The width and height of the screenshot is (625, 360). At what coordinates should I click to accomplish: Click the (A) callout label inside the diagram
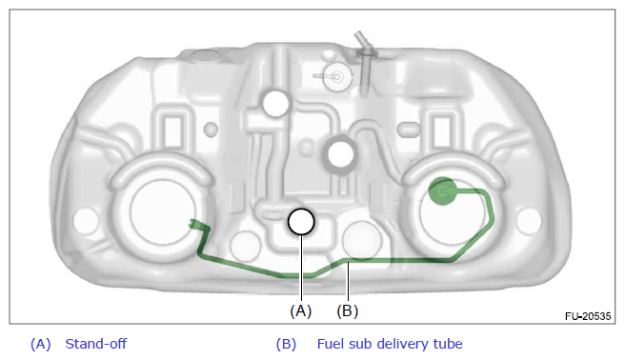[300, 310]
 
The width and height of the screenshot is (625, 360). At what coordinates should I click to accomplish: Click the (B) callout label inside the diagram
[348, 310]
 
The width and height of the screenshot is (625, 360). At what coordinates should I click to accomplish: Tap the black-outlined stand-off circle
[301, 222]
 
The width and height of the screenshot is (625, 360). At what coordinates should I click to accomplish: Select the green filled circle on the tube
[442, 191]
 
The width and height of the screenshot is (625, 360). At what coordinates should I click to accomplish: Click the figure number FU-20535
[588, 316]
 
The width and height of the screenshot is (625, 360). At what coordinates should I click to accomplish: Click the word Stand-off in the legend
[96, 344]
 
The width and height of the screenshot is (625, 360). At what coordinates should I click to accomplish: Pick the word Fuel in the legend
[331, 344]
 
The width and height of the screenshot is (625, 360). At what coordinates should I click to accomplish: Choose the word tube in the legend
[450, 344]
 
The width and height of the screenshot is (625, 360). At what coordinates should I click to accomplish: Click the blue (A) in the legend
[41, 344]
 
